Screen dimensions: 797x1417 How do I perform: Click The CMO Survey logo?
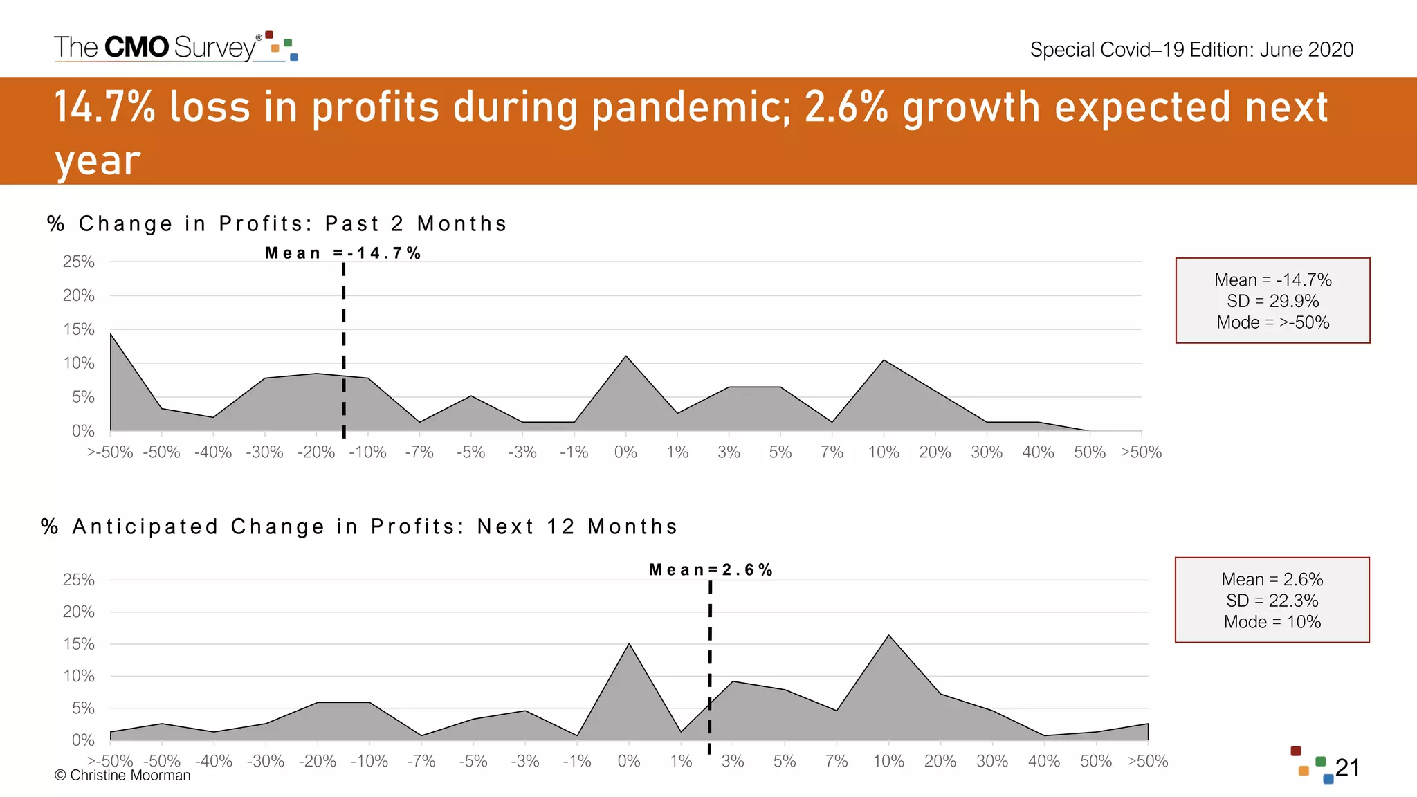[176, 47]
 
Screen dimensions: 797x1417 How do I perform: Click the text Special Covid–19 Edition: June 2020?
[1191, 50]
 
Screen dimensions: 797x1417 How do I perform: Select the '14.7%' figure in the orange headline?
[104, 107]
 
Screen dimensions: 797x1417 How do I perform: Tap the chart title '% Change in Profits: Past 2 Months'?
[277, 224]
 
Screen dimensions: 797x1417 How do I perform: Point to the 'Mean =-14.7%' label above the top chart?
[343, 253]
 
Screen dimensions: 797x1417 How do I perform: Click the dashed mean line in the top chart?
[344, 346]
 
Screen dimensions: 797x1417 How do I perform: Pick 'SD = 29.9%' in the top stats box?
[1272, 301]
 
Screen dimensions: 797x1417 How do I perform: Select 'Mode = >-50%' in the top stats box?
[1272, 322]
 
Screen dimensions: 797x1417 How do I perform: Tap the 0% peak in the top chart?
[626, 356]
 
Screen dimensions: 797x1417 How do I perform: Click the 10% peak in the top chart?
[884, 360]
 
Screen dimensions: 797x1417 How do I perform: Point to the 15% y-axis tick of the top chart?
[79, 329]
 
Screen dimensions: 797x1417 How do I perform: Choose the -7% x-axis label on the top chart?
[419, 452]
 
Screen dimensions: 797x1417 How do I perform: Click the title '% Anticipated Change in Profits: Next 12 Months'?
[359, 527]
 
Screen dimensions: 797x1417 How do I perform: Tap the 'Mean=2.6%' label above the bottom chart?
[711, 570]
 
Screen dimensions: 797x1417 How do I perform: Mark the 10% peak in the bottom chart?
[888, 636]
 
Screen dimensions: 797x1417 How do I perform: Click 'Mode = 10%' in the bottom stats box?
[1272, 622]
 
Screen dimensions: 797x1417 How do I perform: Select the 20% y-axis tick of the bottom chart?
[79, 612]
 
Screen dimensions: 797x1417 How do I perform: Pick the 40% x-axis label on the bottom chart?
[1044, 762]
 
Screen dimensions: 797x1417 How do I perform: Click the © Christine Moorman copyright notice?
[122, 776]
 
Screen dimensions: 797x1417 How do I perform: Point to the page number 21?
[1347, 768]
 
